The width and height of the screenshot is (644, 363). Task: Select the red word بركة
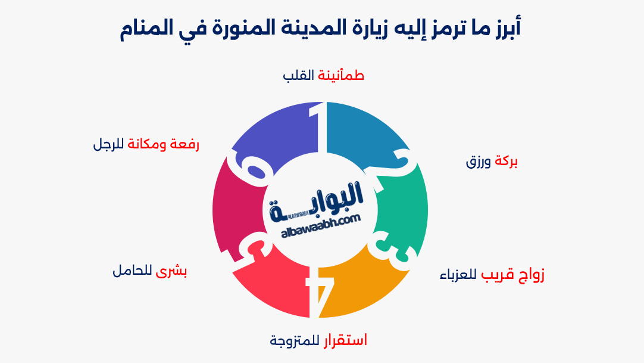(x=507, y=162)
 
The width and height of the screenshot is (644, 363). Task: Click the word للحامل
(x=132, y=271)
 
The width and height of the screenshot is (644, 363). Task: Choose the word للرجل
(x=109, y=144)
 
